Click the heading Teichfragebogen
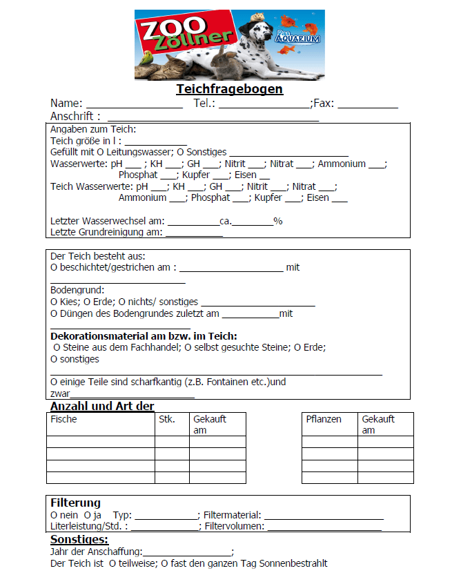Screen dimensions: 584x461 229,89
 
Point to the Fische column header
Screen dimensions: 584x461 64,419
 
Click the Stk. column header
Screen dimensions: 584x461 167,419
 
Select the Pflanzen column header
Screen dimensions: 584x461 324,419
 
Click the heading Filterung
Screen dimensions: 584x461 76,503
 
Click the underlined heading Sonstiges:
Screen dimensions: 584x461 79,539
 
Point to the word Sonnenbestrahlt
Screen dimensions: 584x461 295,563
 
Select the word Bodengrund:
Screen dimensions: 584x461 77,290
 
